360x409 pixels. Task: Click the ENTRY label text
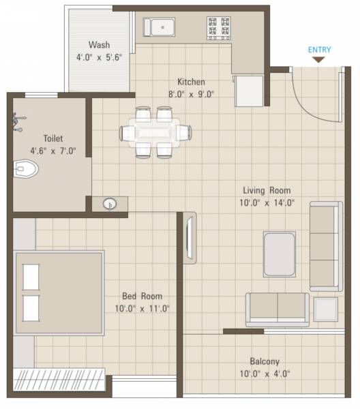pos(320,49)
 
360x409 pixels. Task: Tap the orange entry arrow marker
pos(319,60)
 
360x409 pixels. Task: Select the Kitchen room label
pos(192,81)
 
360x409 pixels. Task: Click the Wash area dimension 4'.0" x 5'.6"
pos(100,59)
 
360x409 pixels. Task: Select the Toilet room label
pos(52,137)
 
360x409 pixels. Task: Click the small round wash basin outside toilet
pos(110,203)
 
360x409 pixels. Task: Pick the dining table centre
pos(154,132)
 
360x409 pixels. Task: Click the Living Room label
pos(267,190)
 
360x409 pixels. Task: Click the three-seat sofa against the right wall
pos(326,245)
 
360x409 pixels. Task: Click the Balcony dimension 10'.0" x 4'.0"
pos(264,373)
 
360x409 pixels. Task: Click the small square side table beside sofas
pos(326,309)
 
